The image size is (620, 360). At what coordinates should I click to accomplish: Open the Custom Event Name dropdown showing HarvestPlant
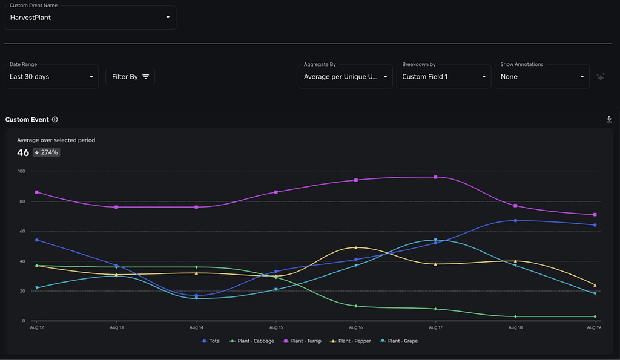[90, 18]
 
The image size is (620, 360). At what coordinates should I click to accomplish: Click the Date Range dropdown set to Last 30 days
[51, 77]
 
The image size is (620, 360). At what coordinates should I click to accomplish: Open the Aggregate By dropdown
[345, 77]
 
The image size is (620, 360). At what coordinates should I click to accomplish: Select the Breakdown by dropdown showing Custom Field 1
[444, 77]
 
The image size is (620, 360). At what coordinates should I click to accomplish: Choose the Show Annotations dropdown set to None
[541, 77]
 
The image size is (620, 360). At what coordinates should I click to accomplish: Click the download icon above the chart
[609, 120]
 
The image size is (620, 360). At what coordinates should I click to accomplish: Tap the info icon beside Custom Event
[55, 120]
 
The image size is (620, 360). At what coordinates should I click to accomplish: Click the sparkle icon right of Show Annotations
[601, 77]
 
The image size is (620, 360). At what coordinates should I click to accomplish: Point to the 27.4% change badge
[47, 152]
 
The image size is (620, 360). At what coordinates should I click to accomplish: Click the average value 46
[23, 152]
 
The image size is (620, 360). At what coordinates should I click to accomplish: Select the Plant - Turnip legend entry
[305, 341]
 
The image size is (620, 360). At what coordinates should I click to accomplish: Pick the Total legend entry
[211, 341]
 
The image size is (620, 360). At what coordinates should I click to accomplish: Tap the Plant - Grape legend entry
[399, 341]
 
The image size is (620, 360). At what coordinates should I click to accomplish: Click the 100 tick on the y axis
[21, 171]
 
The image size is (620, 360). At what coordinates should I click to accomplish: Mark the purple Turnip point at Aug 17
[435, 177]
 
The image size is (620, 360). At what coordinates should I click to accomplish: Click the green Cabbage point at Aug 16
[356, 306]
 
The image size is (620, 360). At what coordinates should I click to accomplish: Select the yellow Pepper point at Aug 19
[595, 285]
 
